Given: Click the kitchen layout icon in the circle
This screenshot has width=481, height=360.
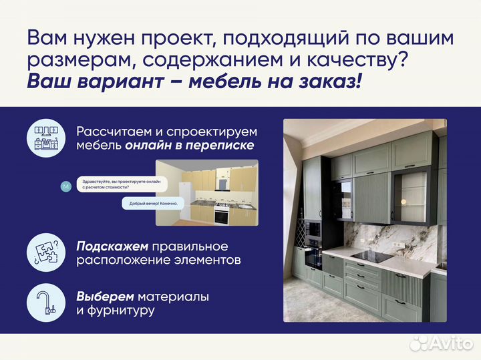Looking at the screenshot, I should (x=46, y=139).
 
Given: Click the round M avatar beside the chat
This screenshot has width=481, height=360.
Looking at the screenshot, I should (x=65, y=186).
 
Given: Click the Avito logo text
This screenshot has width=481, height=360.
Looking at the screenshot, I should (x=448, y=343).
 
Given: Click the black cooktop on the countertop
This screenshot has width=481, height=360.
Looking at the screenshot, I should (x=371, y=256).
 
